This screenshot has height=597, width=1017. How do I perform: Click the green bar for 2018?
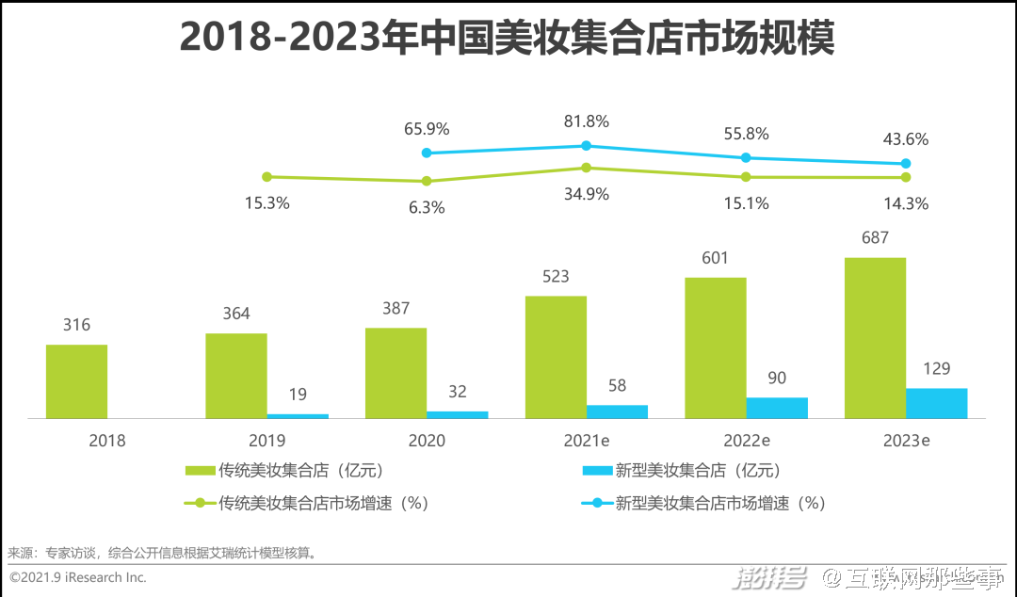pyautogui.click(x=76, y=381)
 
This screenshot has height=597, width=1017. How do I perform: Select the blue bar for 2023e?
pyautogui.click(x=936, y=403)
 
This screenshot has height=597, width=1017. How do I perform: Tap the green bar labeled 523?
pyautogui.click(x=556, y=357)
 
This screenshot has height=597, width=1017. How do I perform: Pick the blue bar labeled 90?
pyautogui.click(x=777, y=408)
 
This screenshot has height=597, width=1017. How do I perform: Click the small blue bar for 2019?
pyautogui.click(x=298, y=415)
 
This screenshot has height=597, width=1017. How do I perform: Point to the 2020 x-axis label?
pyautogui.click(x=427, y=441)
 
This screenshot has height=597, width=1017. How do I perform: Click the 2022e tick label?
pyautogui.click(x=746, y=441)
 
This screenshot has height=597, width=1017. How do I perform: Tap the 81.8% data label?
pyautogui.click(x=586, y=121)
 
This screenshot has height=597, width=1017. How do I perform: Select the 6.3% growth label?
pyautogui.click(x=427, y=207)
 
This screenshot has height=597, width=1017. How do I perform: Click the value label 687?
pyautogui.click(x=875, y=238)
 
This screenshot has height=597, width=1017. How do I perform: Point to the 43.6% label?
pyautogui.click(x=906, y=139)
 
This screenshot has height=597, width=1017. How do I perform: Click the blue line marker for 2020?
pyautogui.click(x=427, y=153)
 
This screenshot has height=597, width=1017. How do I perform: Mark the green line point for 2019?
pyautogui.click(x=266, y=176)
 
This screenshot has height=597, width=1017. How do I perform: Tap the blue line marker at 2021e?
pyautogui.click(x=586, y=145)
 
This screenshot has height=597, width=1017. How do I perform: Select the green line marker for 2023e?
pyautogui.click(x=906, y=177)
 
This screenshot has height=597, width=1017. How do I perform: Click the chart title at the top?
pyautogui.click(x=508, y=39)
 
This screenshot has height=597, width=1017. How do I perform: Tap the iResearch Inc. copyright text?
pyautogui.click(x=78, y=576)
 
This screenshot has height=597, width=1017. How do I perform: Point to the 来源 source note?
pyautogui.click(x=161, y=553)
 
